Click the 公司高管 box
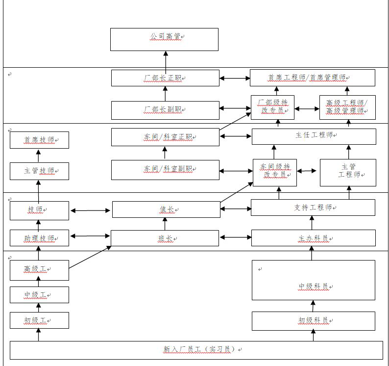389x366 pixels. tap(164, 39)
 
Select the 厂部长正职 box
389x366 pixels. tap(165, 78)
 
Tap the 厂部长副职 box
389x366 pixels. tap(165, 110)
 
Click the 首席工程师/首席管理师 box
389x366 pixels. tap(313, 78)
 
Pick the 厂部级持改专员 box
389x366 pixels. tap(272, 107)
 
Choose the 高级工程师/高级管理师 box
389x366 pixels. tap(347, 107)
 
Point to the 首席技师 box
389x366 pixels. tap(39, 140)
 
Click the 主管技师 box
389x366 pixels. tap(39, 171)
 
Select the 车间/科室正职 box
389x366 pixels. tap(165, 137)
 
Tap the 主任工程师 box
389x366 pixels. tap(314, 136)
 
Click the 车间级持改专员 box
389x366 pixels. tap(275, 172)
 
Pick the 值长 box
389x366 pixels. tap(166, 209)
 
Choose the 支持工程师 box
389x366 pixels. tap(313, 208)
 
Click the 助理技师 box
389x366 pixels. tap(39, 238)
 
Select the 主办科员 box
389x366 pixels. tap(313, 238)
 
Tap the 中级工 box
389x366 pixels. tap(39, 295)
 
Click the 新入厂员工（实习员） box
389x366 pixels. tap(196, 350)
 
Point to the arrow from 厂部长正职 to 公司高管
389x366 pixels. tap(165, 60)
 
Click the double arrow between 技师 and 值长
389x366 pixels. tap(91, 211)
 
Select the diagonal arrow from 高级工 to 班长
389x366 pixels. tap(90, 258)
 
